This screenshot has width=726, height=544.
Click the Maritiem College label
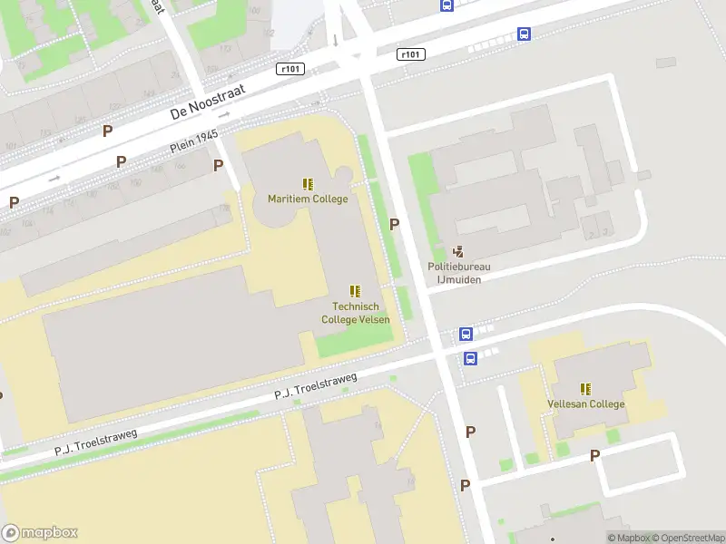[307, 199]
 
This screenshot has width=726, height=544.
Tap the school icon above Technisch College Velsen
[355, 291]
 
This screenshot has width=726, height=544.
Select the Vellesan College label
[585, 403]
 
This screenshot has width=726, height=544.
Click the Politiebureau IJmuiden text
[459, 273]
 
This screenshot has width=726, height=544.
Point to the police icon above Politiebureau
[459, 251]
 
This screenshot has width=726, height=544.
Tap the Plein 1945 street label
[195, 142]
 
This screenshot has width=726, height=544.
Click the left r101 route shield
[290, 69]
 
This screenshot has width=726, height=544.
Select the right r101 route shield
[411, 54]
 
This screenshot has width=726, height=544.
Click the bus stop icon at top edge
[446, 5]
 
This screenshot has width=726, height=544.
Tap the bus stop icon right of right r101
[524, 34]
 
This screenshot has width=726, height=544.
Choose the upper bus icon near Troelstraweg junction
[466, 334]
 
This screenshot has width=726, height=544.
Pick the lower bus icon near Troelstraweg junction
[470, 358]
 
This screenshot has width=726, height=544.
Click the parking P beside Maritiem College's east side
[394, 224]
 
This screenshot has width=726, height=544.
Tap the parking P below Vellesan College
[595, 455]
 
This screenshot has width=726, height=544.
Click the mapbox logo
[39, 533]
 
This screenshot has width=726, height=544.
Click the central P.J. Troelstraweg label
[316, 387]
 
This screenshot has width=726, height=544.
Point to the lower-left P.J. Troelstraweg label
[95, 442]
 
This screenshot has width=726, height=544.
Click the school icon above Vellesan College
[585, 388]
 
